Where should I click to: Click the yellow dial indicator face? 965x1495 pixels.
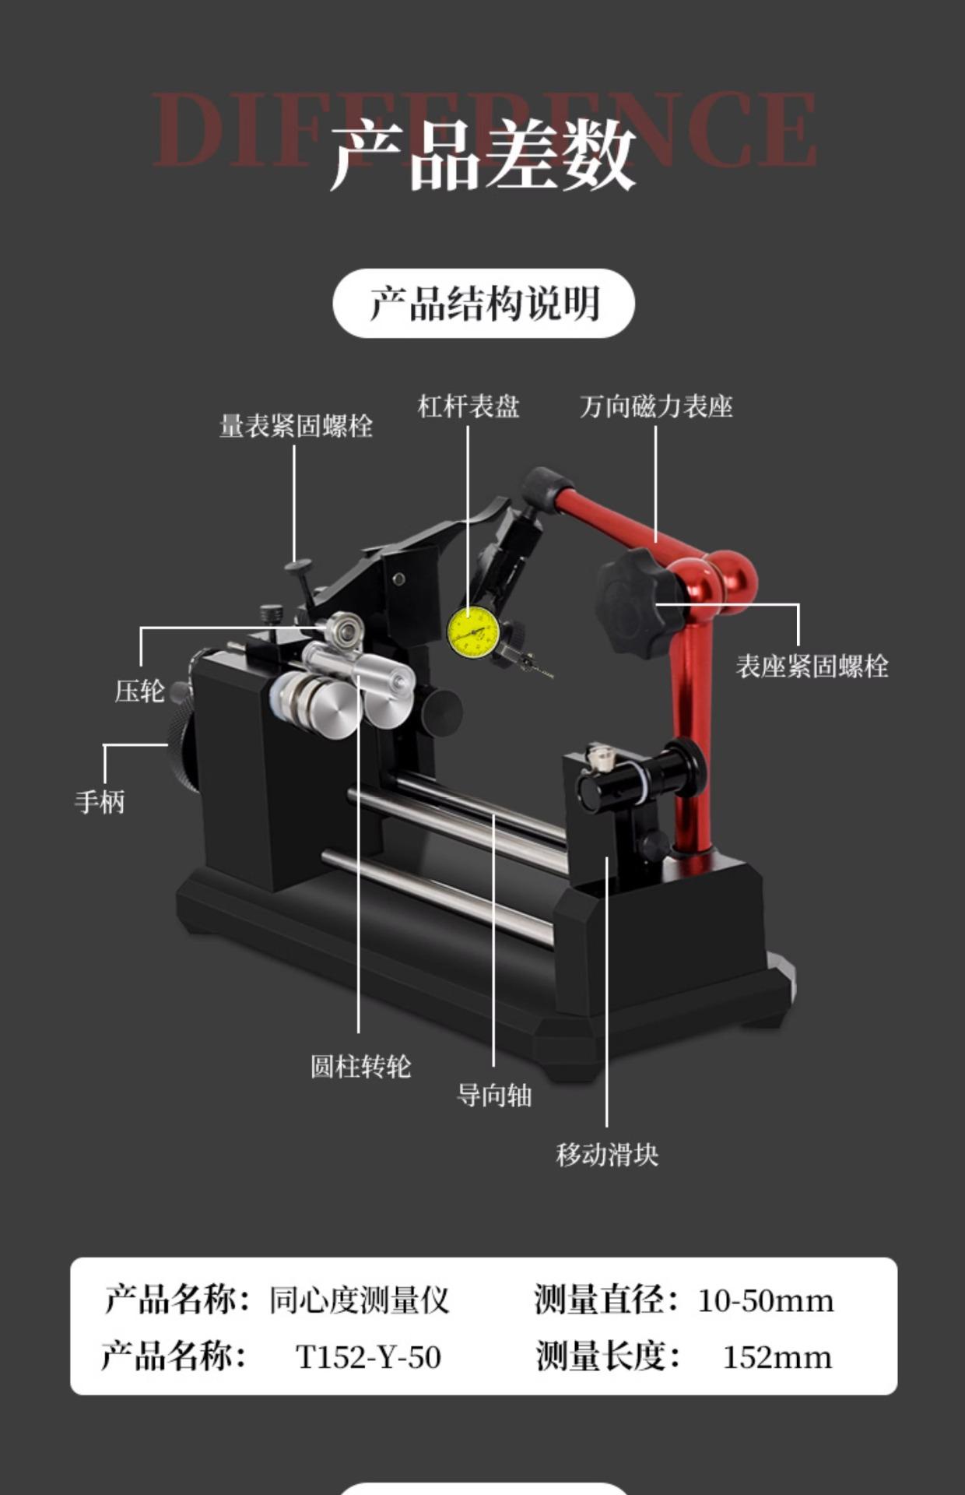[x=473, y=631]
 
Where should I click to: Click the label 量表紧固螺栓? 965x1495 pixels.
[x=296, y=426]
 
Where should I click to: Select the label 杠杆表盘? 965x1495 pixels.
[x=468, y=406]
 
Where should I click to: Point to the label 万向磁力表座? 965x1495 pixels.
[x=656, y=406]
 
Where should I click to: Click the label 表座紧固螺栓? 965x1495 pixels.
[x=812, y=667]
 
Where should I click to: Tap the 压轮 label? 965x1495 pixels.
[x=140, y=691]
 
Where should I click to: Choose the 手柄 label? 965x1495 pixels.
[x=100, y=801]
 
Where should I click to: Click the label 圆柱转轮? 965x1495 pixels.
[x=360, y=1066]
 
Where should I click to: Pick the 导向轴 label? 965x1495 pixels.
[x=494, y=1096]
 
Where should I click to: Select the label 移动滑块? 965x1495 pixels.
[x=607, y=1154]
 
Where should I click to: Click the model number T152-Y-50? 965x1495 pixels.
[x=368, y=1357]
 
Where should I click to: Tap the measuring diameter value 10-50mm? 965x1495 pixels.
[x=765, y=1300]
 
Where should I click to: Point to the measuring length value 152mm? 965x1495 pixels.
[x=777, y=1357]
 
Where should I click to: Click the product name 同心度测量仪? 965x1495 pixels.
[x=359, y=1300]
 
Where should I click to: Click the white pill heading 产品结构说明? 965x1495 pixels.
[x=483, y=304]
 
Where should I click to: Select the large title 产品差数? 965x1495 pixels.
[x=483, y=155]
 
